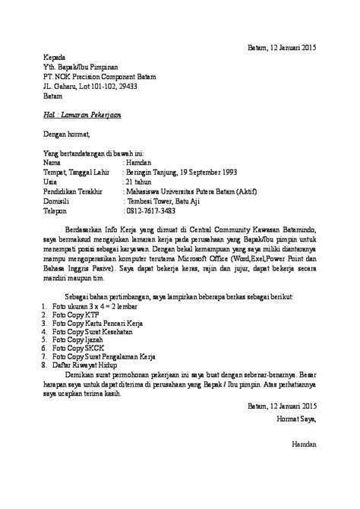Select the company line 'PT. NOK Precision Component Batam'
tap(113, 77)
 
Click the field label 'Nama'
tap(52, 162)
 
